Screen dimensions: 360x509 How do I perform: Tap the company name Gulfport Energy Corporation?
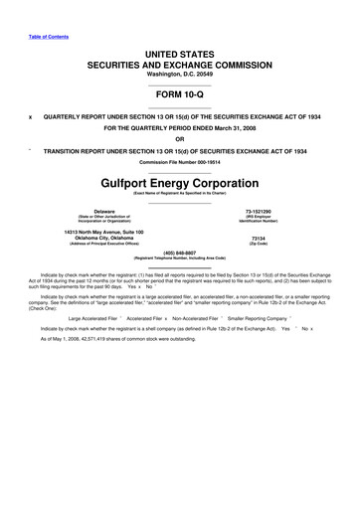point(180,184)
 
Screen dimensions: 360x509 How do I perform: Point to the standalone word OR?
point(180,138)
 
